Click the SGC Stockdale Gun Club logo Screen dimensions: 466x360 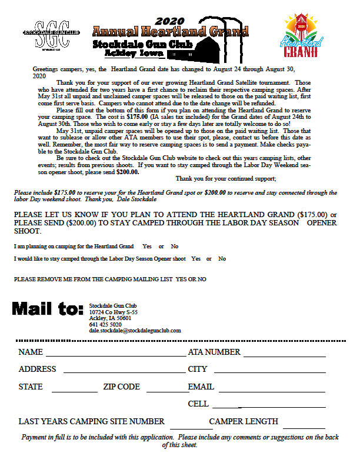52,34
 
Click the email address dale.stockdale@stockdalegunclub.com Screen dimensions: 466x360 135,331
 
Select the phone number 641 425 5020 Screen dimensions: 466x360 105,324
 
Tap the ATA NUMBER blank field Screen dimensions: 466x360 284,355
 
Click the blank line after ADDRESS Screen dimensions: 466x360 125,372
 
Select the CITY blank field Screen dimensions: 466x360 269,372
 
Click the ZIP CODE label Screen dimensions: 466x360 121,387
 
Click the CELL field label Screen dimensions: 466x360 198,404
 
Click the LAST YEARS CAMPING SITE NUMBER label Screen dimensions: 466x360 91,422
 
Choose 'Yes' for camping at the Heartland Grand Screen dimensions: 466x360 147,246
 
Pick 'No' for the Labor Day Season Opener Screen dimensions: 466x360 222,259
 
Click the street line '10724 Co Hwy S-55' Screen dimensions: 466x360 114,312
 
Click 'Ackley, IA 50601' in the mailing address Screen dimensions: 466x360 110,318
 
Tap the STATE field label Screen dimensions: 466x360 31,387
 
